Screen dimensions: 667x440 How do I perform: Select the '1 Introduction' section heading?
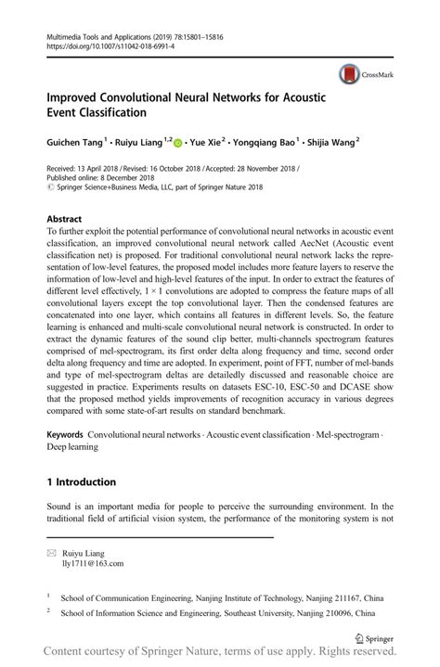81,482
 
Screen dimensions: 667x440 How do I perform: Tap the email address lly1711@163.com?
93,562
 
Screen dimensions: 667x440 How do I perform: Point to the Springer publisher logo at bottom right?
374,638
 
